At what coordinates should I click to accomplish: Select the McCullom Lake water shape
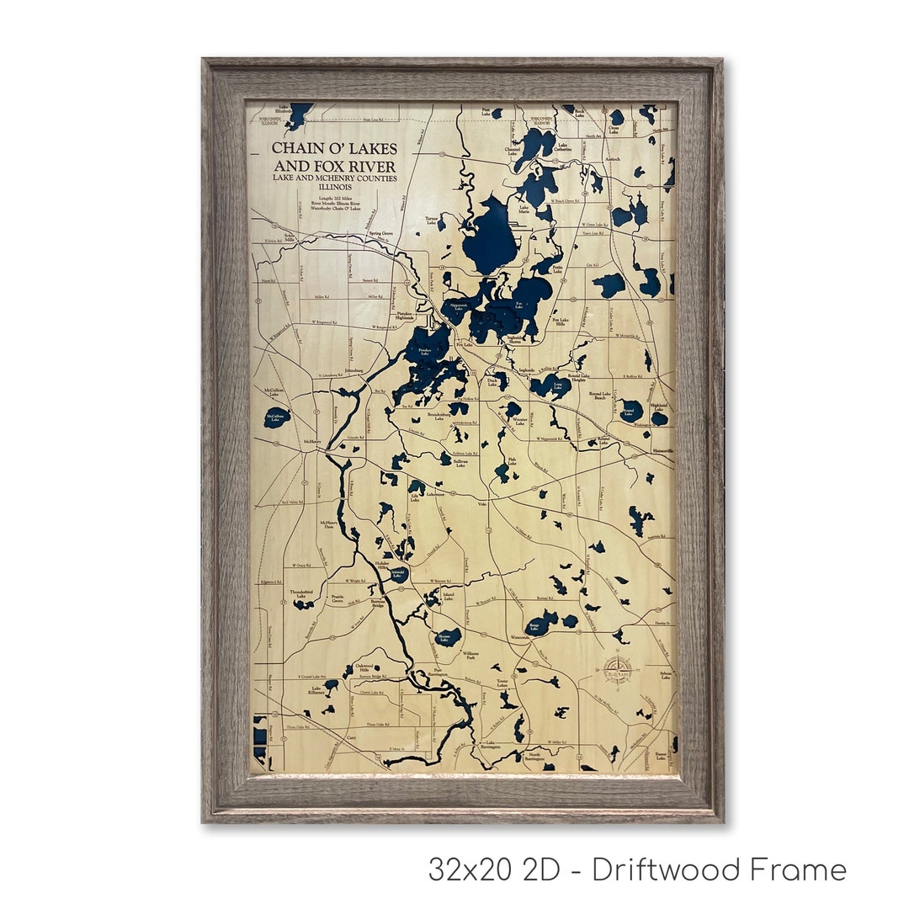pyautogui.click(x=277, y=417)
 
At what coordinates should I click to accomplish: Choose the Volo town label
pyautogui.click(x=481, y=503)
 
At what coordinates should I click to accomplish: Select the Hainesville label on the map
pyautogui.click(x=663, y=451)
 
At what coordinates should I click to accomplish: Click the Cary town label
pyautogui.click(x=352, y=737)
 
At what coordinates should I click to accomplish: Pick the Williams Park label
pyautogui.click(x=470, y=656)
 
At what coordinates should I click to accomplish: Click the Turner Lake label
pyautogui.click(x=432, y=221)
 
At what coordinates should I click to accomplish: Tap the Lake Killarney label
pyautogui.click(x=316, y=691)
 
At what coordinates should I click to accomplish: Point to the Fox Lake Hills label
pyautogui.click(x=562, y=322)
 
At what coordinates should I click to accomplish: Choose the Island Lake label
pyautogui.click(x=448, y=595)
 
